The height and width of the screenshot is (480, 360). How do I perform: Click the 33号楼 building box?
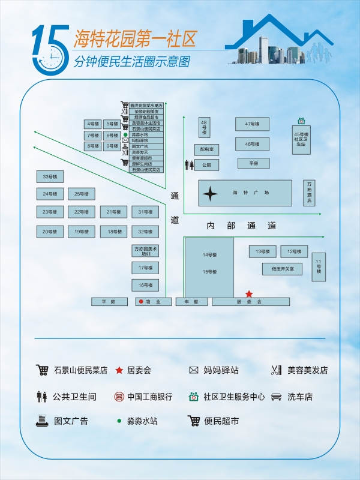click(x=50, y=176)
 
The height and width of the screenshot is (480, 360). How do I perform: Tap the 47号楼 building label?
click(x=252, y=124)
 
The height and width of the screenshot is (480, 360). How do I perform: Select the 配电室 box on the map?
click(x=207, y=149)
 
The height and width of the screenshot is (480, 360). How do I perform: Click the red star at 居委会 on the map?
click(x=249, y=294)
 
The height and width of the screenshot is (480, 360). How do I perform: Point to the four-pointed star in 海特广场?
click(x=211, y=193)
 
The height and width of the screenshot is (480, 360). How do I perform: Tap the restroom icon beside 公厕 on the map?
click(x=190, y=164)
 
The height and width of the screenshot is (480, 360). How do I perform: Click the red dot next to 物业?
click(x=141, y=302)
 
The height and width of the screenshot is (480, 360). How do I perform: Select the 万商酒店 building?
click(x=309, y=193)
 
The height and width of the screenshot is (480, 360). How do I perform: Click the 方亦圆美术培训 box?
click(x=146, y=251)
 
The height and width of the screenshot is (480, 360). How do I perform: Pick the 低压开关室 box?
click(x=282, y=269)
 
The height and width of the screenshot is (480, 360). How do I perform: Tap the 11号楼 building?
click(x=319, y=267)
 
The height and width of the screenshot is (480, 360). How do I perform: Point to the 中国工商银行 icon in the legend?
click(x=119, y=397)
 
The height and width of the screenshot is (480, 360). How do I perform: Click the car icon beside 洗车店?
click(x=276, y=397)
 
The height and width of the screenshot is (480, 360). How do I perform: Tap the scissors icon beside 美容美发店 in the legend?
click(x=276, y=370)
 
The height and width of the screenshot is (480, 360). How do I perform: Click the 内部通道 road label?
click(x=242, y=226)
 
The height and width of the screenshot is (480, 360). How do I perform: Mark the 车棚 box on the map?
click(x=191, y=302)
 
